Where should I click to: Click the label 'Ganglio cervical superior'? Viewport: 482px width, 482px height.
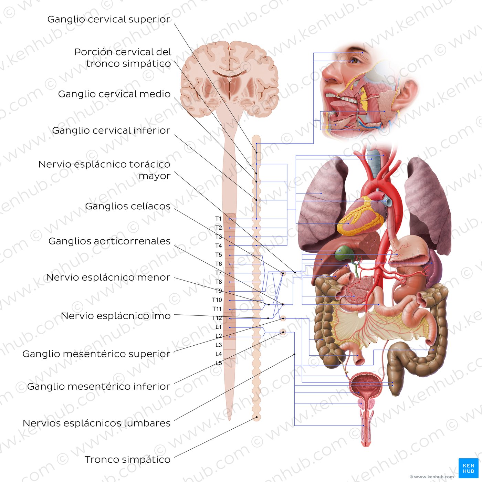click(109, 19)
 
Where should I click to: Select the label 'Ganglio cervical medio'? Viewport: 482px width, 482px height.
click(114, 94)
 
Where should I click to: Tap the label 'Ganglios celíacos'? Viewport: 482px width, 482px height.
click(128, 206)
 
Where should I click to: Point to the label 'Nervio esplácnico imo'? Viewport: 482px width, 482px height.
click(116, 316)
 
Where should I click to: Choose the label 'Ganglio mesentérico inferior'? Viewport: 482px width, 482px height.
click(99, 386)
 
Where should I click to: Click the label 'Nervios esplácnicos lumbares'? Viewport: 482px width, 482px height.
click(96, 423)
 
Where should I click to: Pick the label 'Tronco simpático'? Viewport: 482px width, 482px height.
click(128, 459)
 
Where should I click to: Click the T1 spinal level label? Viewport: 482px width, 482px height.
click(218, 219)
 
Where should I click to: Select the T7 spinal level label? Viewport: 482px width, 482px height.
click(218, 273)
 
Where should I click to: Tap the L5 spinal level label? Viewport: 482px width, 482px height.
click(219, 363)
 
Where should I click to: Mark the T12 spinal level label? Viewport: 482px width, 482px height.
click(217, 318)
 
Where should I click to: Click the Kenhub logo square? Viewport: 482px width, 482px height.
click(468, 468)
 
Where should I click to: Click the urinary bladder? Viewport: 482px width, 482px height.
click(366, 384)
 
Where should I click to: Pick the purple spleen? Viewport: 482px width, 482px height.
click(434, 268)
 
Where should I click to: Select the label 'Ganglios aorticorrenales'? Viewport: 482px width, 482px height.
click(109, 241)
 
